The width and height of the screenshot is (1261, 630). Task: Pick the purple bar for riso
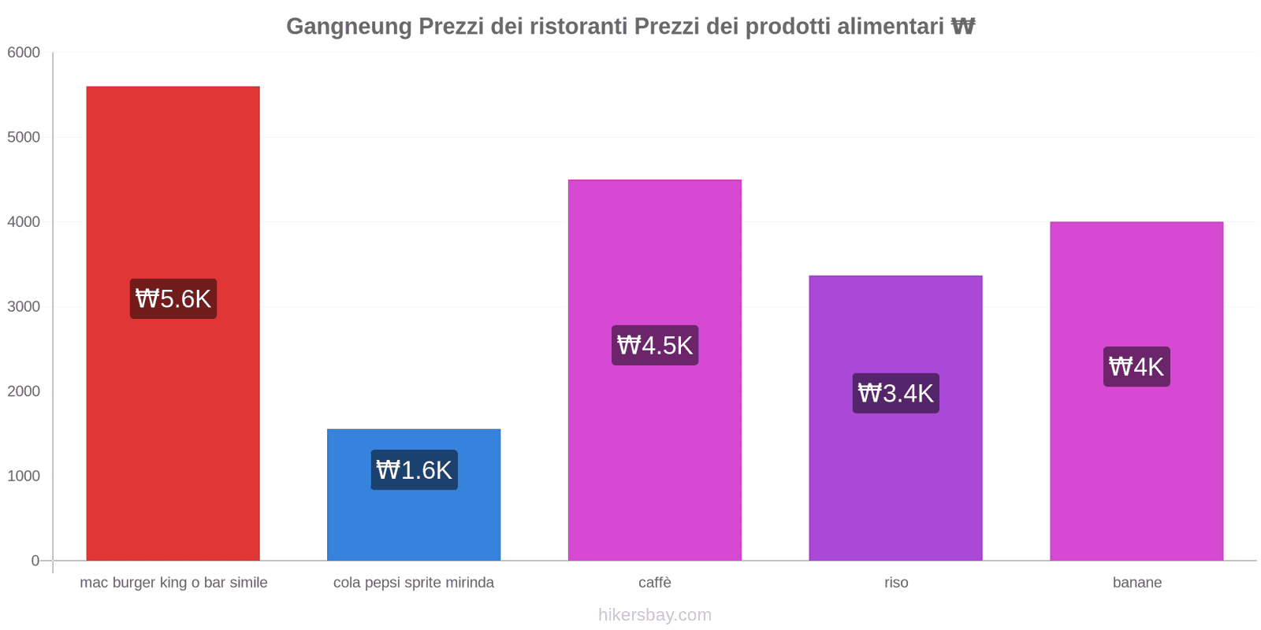[x=895, y=472]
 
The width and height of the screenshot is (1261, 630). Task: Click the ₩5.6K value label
[x=173, y=299]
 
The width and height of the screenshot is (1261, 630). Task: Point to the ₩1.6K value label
[x=414, y=470]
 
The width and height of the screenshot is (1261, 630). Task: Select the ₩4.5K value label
[x=655, y=345]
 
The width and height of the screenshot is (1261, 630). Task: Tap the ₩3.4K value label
[x=896, y=393]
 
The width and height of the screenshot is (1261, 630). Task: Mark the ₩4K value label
[x=1136, y=367]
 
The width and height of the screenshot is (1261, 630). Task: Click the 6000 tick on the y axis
[x=24, y=53]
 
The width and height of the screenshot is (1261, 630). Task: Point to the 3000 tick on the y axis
[x=24, y=307]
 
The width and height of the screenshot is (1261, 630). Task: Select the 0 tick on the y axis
[x=35, y=561]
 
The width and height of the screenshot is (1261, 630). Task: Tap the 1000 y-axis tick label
[x=24, y=476]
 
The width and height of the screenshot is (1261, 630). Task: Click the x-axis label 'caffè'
[x=655, y=583]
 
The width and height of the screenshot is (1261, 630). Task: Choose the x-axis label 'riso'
[x=896, y=583]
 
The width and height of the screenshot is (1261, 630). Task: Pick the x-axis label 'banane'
[x=1137, y=583]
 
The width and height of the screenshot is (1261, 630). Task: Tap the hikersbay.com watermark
[x=655, y=615]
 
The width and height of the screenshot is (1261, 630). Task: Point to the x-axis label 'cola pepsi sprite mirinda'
[x=414, y=583]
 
